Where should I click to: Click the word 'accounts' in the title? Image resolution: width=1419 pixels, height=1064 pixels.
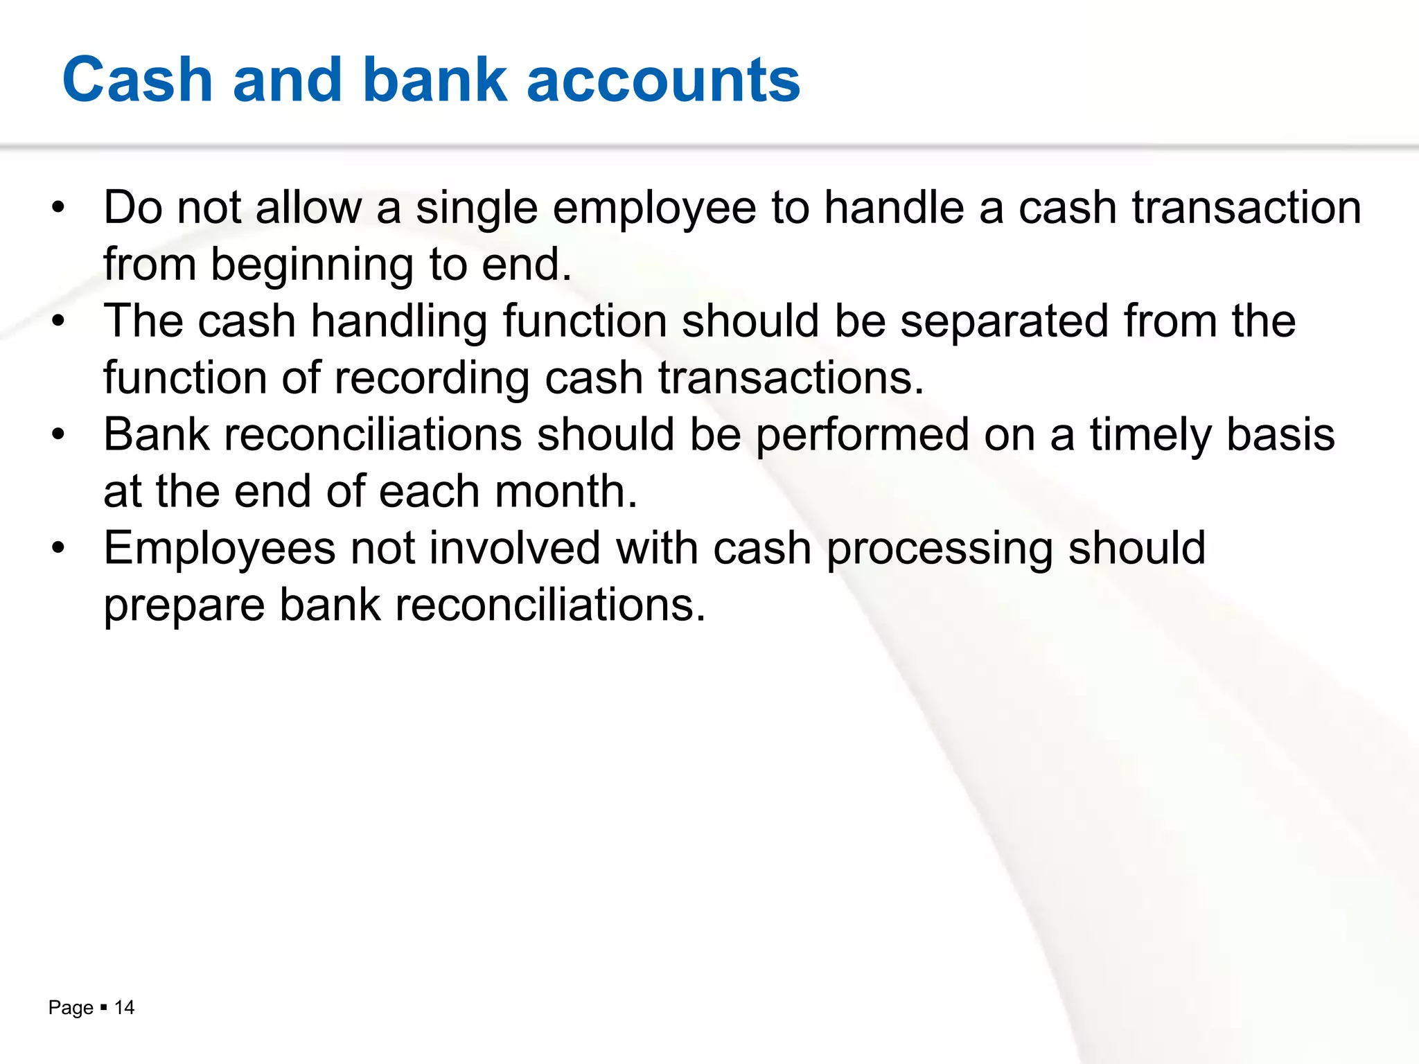[663, 80]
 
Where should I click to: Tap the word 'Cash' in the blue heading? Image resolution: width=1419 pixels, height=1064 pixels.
[137, 80]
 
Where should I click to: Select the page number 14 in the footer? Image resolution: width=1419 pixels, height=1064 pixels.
[124, 1007]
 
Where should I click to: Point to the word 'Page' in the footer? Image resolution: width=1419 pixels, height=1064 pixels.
[71, 1008]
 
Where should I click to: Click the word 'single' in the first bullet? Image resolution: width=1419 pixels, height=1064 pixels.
[477, 209]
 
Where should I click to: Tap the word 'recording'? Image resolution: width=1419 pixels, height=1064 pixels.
[432, 380]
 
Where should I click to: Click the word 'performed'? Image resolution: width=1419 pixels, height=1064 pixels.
[862, 436]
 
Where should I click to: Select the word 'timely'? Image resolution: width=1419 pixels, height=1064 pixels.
[1150, 436]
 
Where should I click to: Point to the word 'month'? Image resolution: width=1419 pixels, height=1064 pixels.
[560, 493]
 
